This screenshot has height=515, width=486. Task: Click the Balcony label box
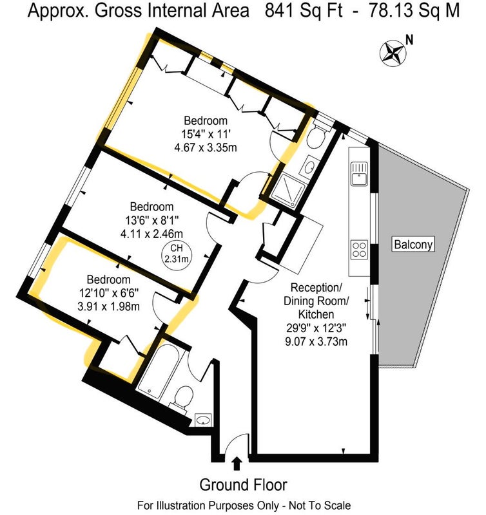413,245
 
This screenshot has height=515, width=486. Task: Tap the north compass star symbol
393,53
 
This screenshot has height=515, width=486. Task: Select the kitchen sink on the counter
359,174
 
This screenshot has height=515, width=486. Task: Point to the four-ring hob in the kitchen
359,250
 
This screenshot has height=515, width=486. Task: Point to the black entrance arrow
237,464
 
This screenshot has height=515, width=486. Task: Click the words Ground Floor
244,485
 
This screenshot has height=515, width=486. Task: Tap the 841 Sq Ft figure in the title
304,11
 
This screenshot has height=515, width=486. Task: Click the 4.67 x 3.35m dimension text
206,147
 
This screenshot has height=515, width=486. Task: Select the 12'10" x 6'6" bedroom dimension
109,293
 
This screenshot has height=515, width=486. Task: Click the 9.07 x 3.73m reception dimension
316,341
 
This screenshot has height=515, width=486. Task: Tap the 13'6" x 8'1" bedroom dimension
151,220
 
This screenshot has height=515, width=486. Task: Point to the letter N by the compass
409,40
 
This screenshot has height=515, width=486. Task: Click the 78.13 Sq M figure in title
414,11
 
